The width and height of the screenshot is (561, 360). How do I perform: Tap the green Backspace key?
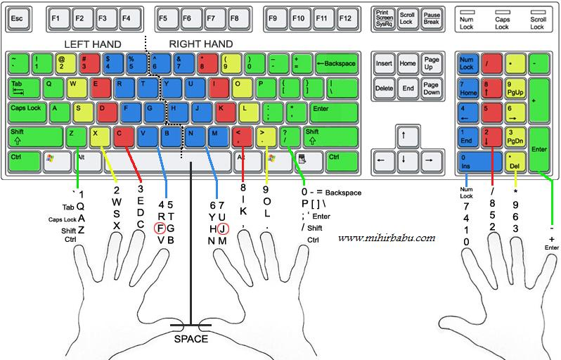(336, 63)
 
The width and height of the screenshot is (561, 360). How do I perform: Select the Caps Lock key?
(27, 110)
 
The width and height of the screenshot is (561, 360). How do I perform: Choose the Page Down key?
(431, 88)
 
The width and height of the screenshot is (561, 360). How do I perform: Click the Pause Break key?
(431, 18)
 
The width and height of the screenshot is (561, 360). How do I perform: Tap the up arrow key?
(404, 134)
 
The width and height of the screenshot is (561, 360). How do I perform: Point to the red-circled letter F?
(161, 228)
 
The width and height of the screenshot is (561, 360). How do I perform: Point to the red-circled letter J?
(222, 228)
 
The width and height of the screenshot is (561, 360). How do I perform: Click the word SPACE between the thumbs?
(191, 339)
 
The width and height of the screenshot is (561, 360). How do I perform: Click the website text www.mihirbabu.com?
(386, 238)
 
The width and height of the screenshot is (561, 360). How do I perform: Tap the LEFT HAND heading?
(92, 44)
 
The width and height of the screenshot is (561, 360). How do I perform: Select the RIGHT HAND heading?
(201, 44)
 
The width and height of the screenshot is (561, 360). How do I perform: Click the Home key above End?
(408, 63)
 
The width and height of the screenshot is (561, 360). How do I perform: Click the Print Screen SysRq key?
(385, 18)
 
